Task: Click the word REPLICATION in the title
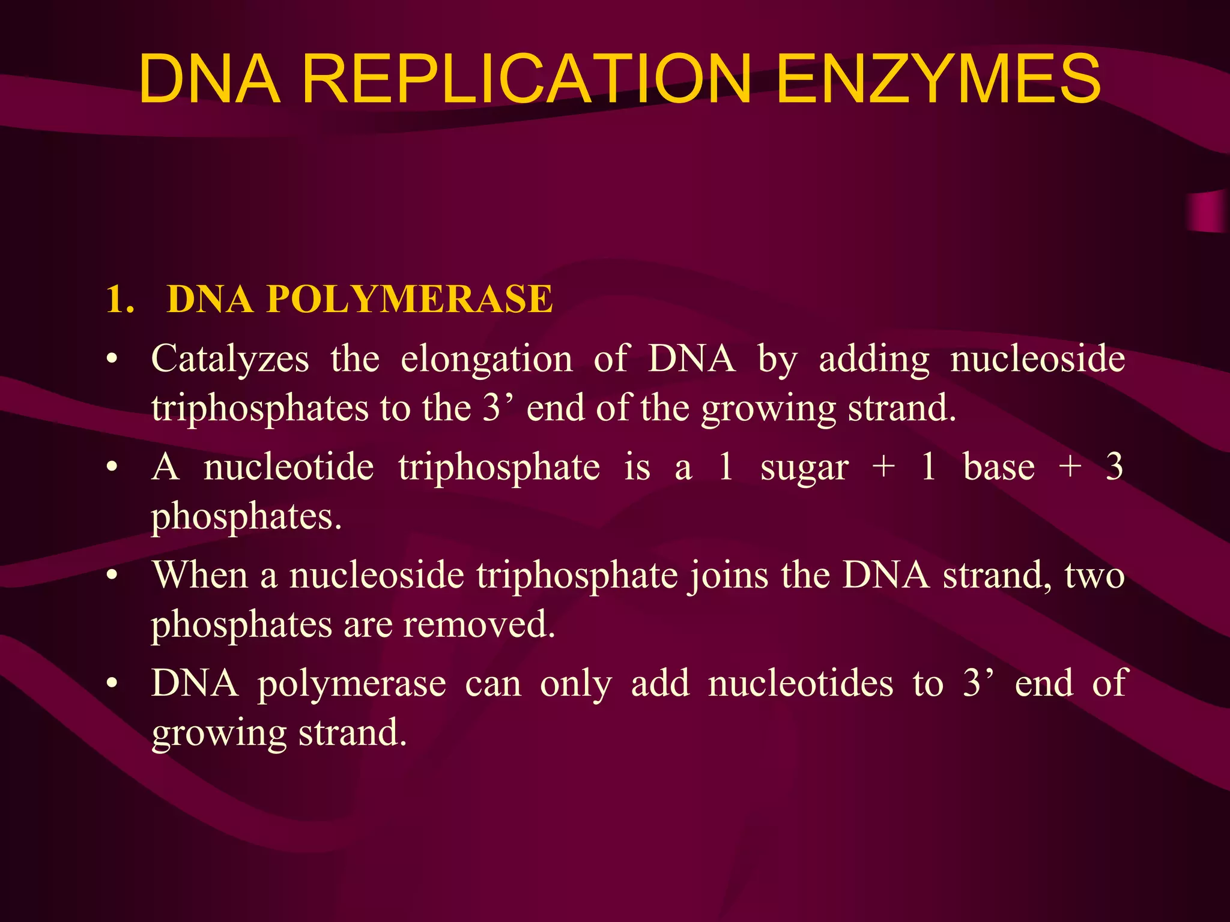point(526,79)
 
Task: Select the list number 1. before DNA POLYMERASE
point(120,299)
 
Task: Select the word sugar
point(804,468)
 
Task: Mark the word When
point(200,575)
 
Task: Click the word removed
point(479,625)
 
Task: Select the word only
point(576,684)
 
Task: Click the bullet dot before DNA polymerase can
point(111,684)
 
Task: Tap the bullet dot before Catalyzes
point(111,360)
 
